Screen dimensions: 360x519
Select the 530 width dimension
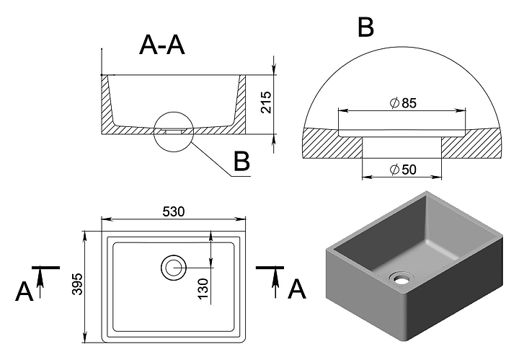174,211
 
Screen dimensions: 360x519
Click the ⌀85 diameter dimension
402,103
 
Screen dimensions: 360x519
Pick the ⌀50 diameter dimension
402,170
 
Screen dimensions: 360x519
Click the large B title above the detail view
365,28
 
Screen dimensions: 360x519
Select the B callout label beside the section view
241,162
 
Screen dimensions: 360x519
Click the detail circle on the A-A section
174,131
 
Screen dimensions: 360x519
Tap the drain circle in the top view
173,268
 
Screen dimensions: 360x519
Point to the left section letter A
24,291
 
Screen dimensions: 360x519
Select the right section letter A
296,289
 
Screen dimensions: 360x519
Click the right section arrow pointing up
274,281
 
